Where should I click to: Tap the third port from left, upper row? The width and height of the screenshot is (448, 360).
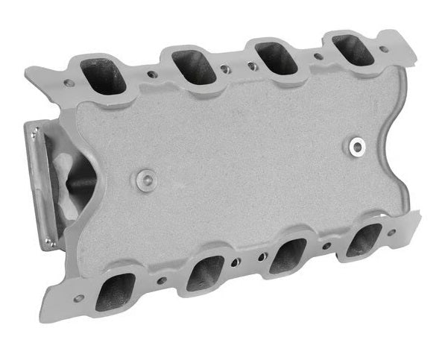[x=276, y=57]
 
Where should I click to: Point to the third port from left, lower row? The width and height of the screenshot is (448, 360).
[x=286, y=255]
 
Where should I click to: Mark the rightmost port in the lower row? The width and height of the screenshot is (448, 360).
[x=363, y=240]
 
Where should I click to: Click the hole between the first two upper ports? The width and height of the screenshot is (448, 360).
[x=153, y=74]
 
